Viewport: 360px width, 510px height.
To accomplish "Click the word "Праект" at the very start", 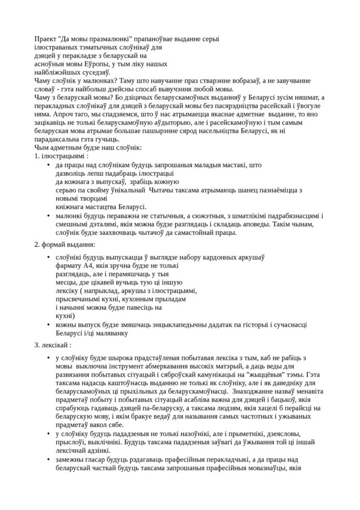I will tap(47, 39).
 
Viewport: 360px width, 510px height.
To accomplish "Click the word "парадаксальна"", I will tap(60, 139).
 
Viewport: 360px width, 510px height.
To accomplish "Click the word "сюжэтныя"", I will tap(191, 215).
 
